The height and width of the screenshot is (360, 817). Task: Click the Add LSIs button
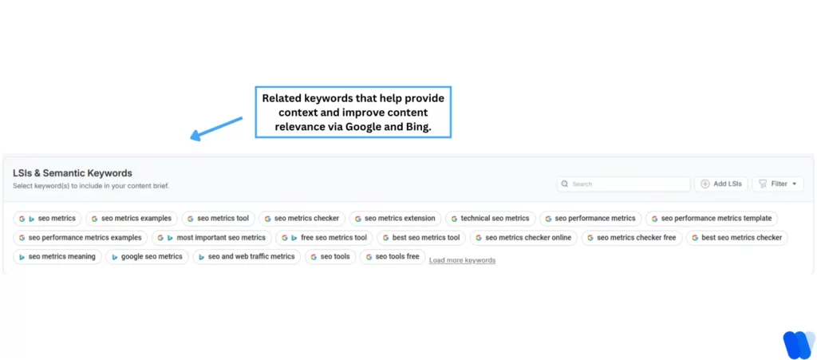click(721, 184)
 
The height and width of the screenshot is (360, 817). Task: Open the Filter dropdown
click(778, 184)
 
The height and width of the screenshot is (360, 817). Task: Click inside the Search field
click(624, 184)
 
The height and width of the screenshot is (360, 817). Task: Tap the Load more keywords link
click(462, 260)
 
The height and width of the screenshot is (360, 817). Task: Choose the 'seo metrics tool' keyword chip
click(217, 218)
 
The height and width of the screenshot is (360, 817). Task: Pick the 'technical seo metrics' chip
click(488, 218)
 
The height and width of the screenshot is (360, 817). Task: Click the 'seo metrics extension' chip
click(396, 218)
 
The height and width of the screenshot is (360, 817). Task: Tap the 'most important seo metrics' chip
click(211, 237)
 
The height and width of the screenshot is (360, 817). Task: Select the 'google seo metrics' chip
click(147, 256)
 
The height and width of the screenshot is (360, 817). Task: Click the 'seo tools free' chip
click(391, 256)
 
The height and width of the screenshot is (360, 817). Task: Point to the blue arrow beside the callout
click(216, 129)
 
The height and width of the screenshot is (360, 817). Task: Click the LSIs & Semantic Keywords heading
click(73, 173)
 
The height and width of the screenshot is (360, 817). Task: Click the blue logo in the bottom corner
click(797, 344)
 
